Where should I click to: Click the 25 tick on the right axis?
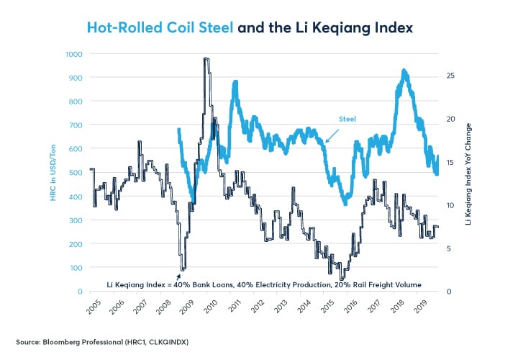point(450,76)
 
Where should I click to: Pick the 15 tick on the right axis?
point(450,162)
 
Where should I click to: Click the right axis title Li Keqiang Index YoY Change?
point(468,173)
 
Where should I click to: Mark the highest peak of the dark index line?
point(206,60)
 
